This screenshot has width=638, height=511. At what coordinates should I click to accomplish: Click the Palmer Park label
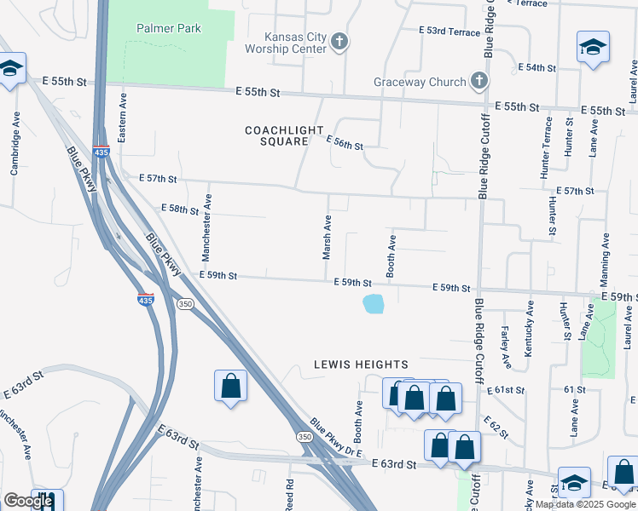pos(169,28)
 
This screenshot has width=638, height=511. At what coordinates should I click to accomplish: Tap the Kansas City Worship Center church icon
pos(339,42)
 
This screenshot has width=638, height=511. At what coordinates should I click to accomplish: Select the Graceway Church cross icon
pos(478,82)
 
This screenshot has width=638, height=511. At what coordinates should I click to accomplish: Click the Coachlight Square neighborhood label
pos(276,135)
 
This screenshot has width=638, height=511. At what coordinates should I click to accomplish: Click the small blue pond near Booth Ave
pos(373,303)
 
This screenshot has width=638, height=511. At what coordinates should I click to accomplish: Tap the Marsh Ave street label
pos(327,237)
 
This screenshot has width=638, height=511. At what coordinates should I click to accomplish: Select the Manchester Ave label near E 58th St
pos(206,227)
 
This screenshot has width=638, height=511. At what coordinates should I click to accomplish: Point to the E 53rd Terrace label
pos(449,31)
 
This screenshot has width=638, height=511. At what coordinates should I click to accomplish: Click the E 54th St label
pos(537,67)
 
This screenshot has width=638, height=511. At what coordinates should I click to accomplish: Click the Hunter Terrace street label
pos(546,147)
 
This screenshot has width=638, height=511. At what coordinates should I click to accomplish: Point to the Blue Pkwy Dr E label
pos(336,436)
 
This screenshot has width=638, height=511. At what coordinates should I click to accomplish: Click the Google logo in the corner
pos(28,501)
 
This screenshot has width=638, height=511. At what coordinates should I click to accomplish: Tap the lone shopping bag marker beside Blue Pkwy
pos(230,386)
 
